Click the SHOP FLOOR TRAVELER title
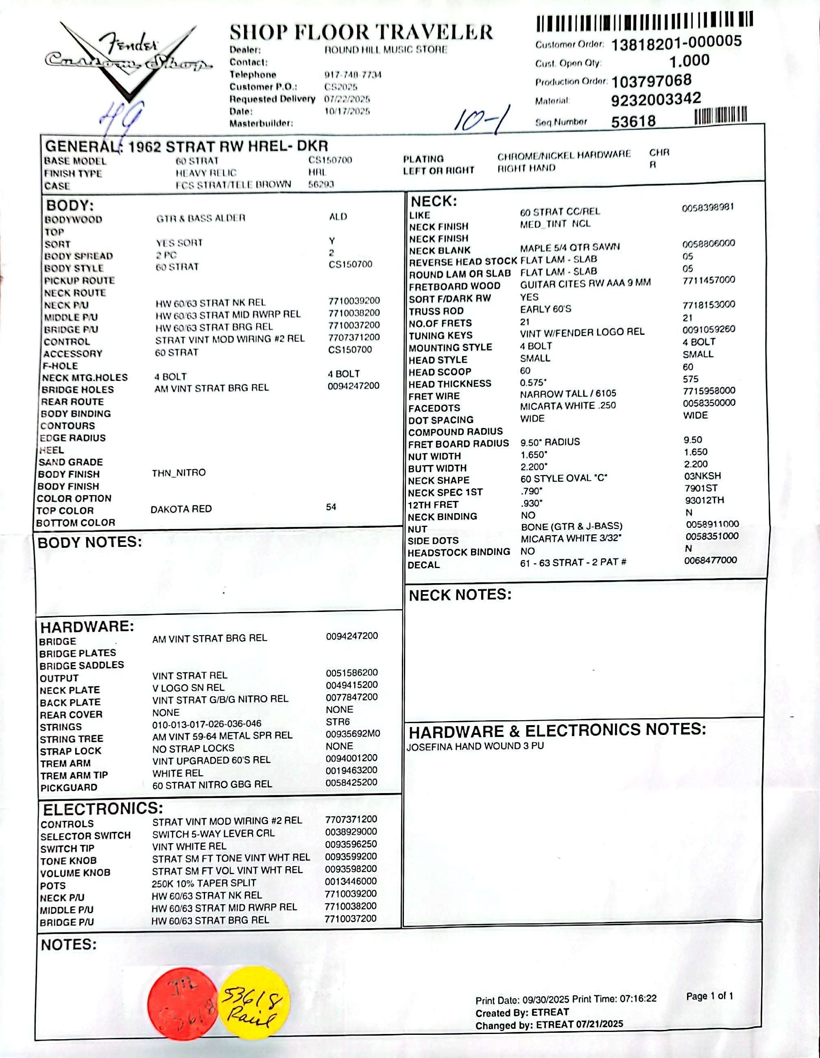point(361,33)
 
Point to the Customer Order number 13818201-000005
point(676,43)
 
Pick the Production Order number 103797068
point(651,81)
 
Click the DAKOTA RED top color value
point(181,509)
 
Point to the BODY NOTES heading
point(89,542)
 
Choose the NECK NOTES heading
point(460,595)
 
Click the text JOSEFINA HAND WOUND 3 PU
point(475,747)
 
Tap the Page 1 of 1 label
point(709,996)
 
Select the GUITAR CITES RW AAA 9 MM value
point(585,283)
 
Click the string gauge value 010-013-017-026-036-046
point(207,724)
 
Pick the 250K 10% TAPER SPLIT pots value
point(204,883)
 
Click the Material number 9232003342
point(656,99)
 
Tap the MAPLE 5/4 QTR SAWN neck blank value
point(569,247)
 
